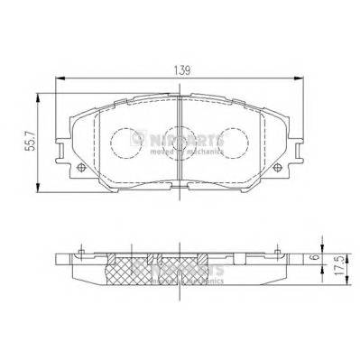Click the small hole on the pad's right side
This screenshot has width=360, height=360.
pyautogui.click(x=277, y=168)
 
